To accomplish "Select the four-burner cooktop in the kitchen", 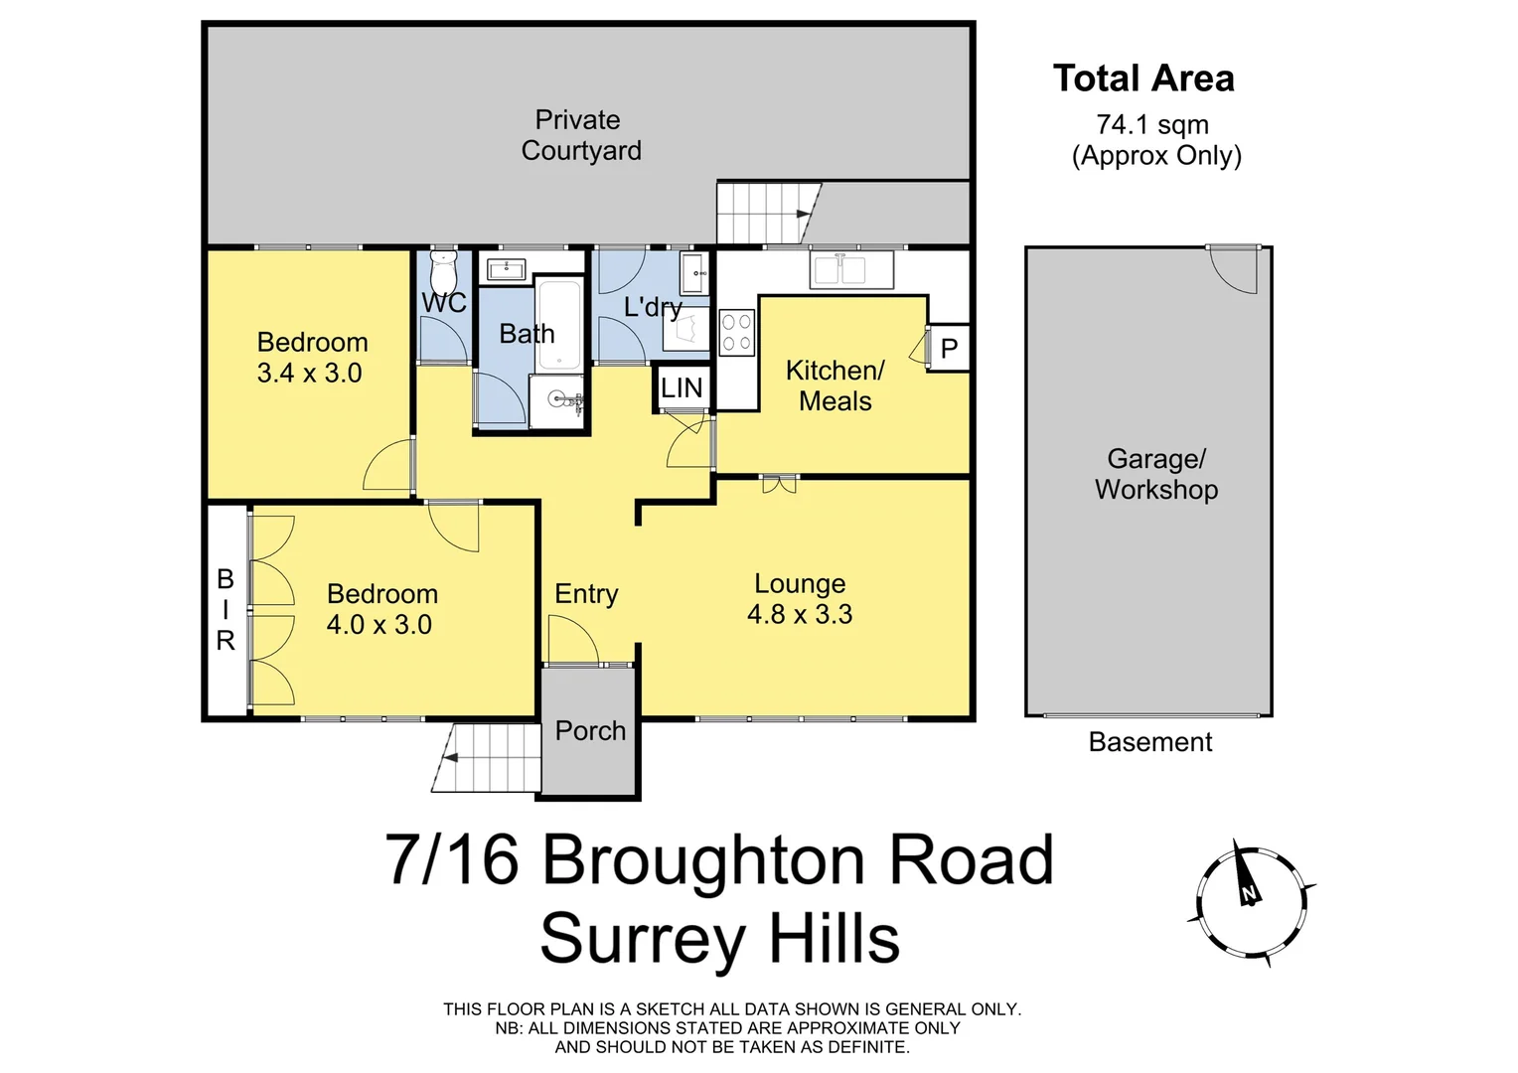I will [x=736, y=332].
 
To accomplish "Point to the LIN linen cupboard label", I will [x=682, y=387].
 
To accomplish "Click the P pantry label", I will [x=949, y=349].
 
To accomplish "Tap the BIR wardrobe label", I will [x=226, y=610].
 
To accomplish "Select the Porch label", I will [x=590, y=731].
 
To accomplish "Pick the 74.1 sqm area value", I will [x=1152, y=125].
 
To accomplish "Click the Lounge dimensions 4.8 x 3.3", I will [x=800, y=615].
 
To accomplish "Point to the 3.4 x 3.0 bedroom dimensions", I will [x=309, y=374].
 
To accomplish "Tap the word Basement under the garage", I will [x=1150, y=742].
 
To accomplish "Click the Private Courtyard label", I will [x=580, y=135].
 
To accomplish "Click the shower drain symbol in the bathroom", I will [x=558, y=400].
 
